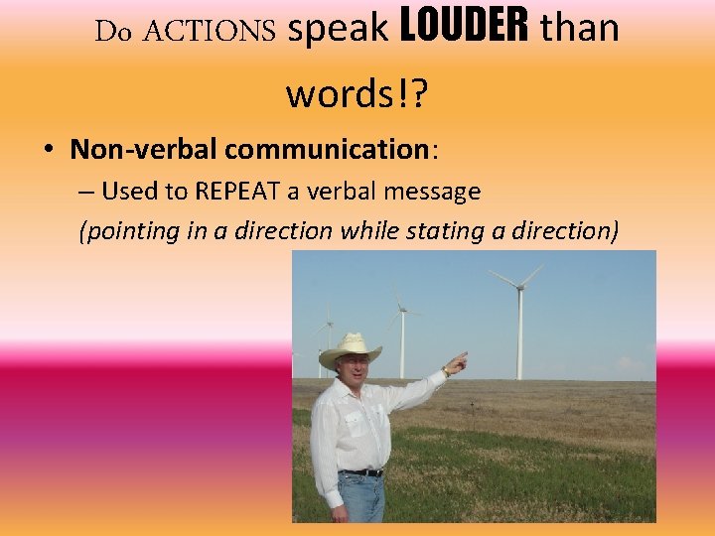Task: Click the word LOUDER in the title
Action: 463,30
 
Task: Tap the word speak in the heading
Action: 338,32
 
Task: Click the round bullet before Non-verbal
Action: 48,151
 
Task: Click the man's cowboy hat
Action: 350,348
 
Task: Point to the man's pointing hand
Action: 456,364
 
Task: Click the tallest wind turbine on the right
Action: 518,318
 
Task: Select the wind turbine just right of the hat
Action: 401,333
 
